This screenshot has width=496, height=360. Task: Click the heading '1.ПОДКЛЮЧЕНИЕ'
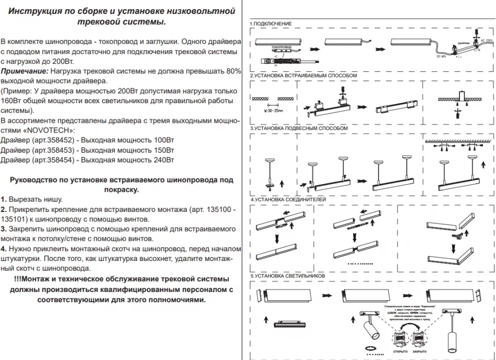pos(271,24)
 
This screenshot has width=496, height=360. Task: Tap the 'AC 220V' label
pos(487,39)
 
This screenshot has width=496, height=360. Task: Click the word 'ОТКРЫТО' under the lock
pos(400,351)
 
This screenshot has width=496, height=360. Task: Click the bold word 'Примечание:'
pos(24,71)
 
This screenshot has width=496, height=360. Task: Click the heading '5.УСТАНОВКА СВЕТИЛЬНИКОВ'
pos(288,276)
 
